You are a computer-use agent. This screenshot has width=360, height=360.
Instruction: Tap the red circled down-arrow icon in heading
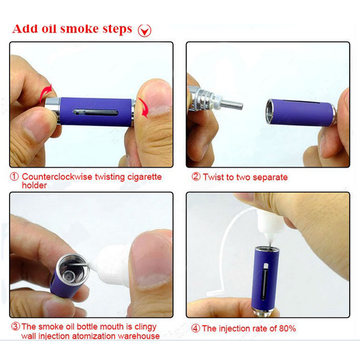point(145,30)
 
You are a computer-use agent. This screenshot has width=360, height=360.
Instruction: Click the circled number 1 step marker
point(14,178)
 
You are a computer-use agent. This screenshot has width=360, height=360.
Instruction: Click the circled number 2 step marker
point(196,178)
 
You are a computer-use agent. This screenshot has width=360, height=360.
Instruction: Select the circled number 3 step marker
point(15,327)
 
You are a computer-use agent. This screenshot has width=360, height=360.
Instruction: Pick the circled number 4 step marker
point(196,328)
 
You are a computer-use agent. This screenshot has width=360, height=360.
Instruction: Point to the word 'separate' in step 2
point(268,178)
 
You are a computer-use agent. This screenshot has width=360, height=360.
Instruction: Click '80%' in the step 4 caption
point(286,328)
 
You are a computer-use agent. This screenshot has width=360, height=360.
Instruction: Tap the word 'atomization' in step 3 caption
point(98,337)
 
